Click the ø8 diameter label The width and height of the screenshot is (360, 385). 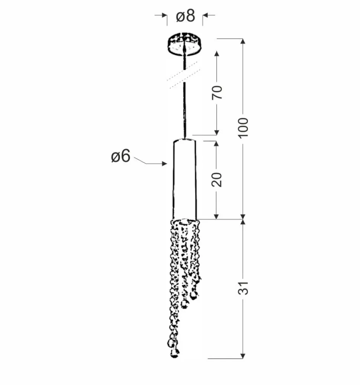pyautogui.click(x=186, y=16)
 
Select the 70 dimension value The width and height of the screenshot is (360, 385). pyautogui.click(x=217, y=93)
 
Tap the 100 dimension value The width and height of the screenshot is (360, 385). pyautogui.click(x=243, y=128)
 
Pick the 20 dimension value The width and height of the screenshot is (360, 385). pyautogui.click(x=217, y=180)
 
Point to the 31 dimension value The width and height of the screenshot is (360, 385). pyautogui.click(x=243, y=288)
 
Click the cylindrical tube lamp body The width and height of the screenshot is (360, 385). pyautogui.click(x=185, y=179)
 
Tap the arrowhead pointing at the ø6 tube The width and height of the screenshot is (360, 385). pyautogui.click(x=165, y=164)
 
